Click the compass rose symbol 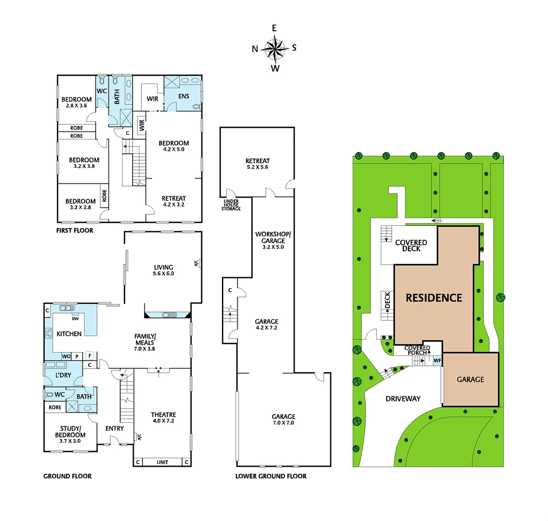274,48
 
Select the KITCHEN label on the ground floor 69,334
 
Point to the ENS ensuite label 184,96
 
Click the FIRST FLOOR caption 75,231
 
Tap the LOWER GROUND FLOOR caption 271,476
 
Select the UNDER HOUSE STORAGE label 231,205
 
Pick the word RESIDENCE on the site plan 434,298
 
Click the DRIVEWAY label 403,398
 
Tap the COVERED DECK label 411,246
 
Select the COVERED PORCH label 417,350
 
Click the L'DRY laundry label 64,375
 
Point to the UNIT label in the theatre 163,462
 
